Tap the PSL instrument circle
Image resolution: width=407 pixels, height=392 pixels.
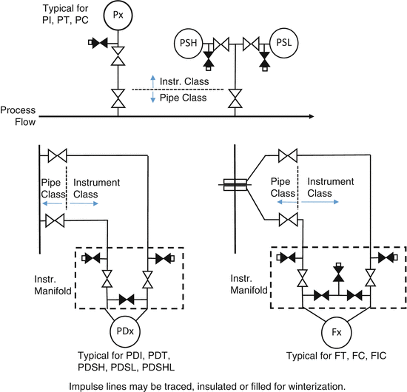point(282,43)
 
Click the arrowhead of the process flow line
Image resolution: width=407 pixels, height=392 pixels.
point(312,116)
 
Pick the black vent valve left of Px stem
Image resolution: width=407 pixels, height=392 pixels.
point(98,42)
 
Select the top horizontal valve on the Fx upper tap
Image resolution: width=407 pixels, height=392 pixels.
point(287,155)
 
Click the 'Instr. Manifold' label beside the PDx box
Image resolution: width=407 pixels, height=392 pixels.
point(52,286)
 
